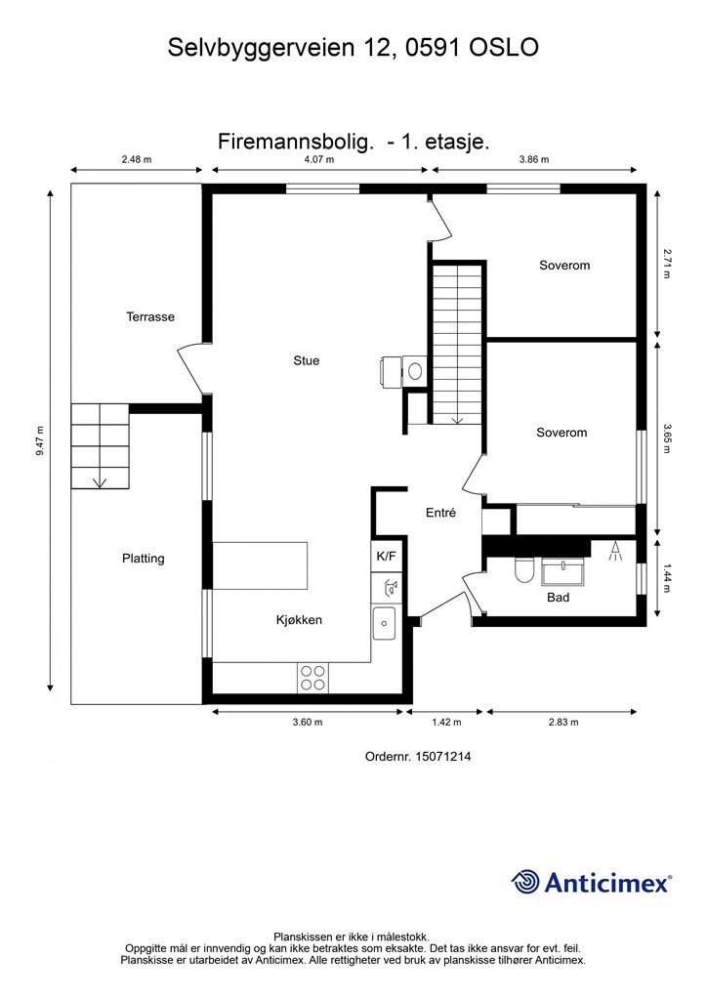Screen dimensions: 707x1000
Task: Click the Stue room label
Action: pos(306,360)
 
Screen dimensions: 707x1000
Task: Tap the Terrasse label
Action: pos(150,317)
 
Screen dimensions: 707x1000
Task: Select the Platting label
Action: pos(144,559)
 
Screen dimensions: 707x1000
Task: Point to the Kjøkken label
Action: pos(299,620)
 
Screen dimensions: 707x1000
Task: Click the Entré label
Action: pos(441,512)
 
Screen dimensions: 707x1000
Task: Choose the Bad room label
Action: pos(558,598)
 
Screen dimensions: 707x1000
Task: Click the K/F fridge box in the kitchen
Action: pos(387,556)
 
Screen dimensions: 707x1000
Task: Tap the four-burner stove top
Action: pos(313,678)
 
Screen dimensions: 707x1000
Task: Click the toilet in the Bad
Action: pos(523,569)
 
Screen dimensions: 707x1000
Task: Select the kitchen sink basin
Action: pos(384,623)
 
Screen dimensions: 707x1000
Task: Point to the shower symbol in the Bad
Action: pos(615,551)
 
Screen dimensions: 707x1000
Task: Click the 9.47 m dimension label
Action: pos(40,440)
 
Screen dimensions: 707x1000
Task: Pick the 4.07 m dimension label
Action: pos(318,159)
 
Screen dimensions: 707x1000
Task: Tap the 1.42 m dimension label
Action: pos(446,722)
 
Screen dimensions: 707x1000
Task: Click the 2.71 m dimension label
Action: pos(666,264)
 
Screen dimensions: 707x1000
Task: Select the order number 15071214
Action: pos(443,757)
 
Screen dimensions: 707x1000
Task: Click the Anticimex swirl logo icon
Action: pos(525,882)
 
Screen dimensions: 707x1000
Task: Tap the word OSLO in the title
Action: pos(504,48)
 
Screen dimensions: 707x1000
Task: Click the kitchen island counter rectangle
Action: pos(260,565)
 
